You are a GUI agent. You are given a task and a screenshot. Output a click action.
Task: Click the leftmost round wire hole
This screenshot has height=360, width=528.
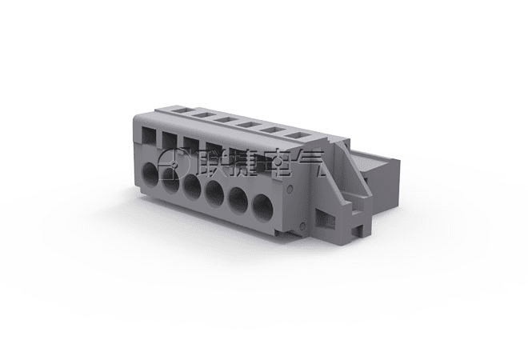150,174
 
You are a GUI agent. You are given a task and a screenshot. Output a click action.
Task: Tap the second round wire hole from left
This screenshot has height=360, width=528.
170,181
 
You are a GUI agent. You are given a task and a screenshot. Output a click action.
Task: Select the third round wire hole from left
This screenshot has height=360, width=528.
192,187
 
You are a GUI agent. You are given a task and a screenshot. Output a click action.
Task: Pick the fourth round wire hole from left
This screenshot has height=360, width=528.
215,194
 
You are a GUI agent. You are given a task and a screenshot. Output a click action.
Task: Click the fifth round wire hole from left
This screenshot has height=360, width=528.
238,200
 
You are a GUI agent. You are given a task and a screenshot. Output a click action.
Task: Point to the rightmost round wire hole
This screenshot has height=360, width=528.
262,207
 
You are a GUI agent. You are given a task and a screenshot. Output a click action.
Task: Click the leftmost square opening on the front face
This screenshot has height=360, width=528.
149,136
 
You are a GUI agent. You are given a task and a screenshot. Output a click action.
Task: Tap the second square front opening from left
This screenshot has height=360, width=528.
170,140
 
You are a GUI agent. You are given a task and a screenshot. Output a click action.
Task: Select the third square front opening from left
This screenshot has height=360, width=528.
191,145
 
